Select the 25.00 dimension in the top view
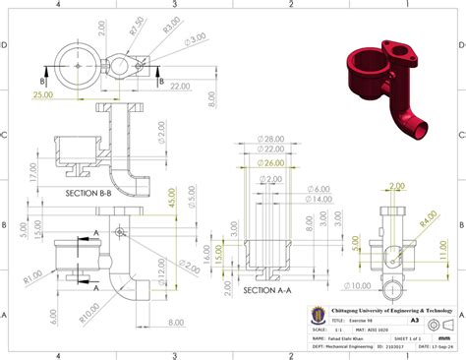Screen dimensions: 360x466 [x=43, y=96]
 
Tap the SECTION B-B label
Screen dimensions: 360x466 [x=89, y=193]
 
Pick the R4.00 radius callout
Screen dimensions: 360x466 [x=430, y=215]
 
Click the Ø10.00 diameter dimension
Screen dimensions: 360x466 [x=359, y=286]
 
